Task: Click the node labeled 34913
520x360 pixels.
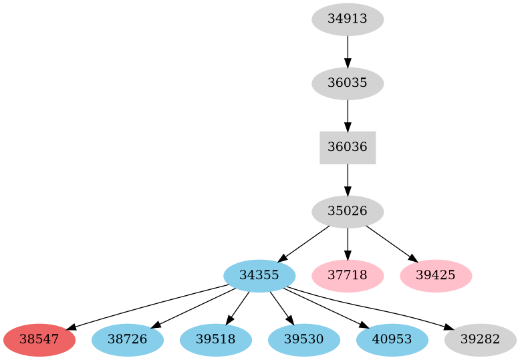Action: (348, 19)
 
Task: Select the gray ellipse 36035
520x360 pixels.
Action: (348, 83)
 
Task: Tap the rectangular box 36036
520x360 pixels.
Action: (348, 148)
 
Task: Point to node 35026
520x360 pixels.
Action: (348, 212)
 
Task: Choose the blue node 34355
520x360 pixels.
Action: (259, 276)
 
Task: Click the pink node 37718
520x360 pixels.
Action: (348, 276)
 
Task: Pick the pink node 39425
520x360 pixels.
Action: (436, 276)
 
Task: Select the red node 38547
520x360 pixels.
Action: (39, 340)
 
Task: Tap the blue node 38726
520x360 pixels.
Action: (127, 340)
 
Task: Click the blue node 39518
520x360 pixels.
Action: (216, 340)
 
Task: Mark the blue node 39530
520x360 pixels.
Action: (304, 340)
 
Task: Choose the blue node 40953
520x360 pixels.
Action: (392, 340)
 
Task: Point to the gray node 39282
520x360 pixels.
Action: (480, 340)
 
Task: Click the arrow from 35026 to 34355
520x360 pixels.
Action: (303, 244)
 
